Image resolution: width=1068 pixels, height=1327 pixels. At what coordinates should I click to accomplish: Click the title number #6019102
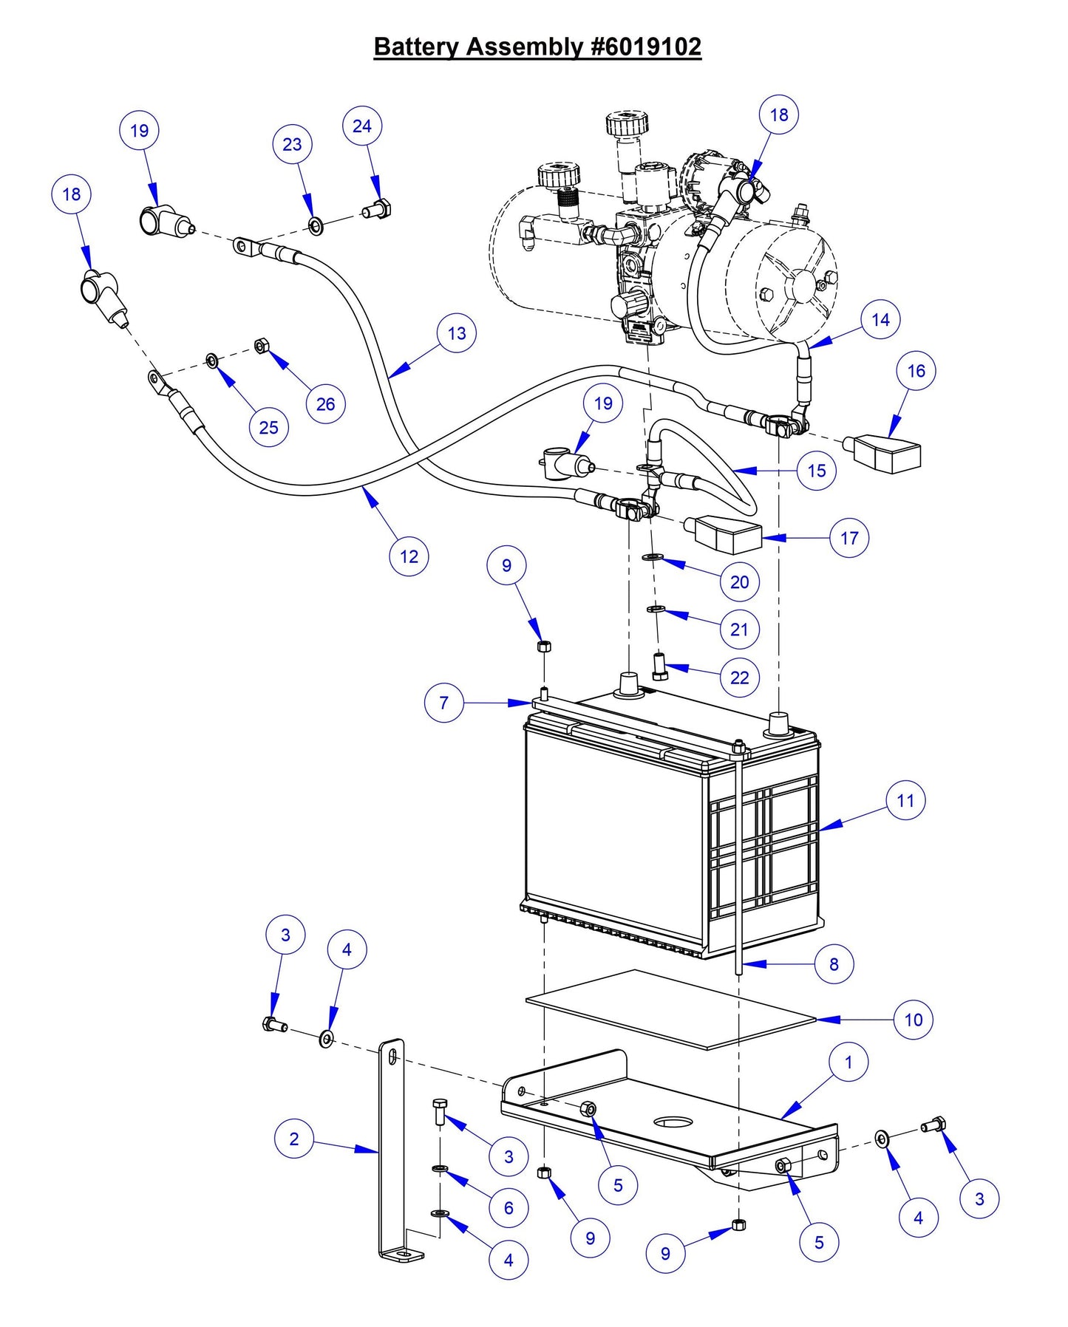(x=646, y=47)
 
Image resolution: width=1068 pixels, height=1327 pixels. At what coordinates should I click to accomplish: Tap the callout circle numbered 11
(x=905, y=800)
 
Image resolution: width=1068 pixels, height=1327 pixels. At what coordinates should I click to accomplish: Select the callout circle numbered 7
(x=443, y=703)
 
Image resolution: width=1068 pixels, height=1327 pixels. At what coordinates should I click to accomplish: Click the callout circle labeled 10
(x=914, y=1020)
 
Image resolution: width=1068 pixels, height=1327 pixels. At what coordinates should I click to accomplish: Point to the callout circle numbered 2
(x=294, y=1139)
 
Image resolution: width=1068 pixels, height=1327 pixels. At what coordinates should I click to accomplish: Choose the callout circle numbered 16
(x=916, y=371)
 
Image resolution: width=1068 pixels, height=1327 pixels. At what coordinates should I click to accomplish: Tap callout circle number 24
(x=361, y=126)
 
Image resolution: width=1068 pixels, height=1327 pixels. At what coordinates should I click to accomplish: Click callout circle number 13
(x=457, y=333)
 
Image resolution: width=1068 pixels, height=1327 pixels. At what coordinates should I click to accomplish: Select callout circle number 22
(x=739, y=678)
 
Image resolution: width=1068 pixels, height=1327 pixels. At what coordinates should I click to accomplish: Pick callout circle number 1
(x=848, y=1062)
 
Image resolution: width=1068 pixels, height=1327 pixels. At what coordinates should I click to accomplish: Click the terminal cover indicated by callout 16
(x=887, y=454)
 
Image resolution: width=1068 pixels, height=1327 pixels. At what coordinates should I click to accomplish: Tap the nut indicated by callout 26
(x=261, y=344)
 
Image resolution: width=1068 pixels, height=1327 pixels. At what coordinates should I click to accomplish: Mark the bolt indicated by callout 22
(x=660, y=666)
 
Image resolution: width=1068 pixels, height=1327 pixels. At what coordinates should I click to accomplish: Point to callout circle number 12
(x=409, y=556)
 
